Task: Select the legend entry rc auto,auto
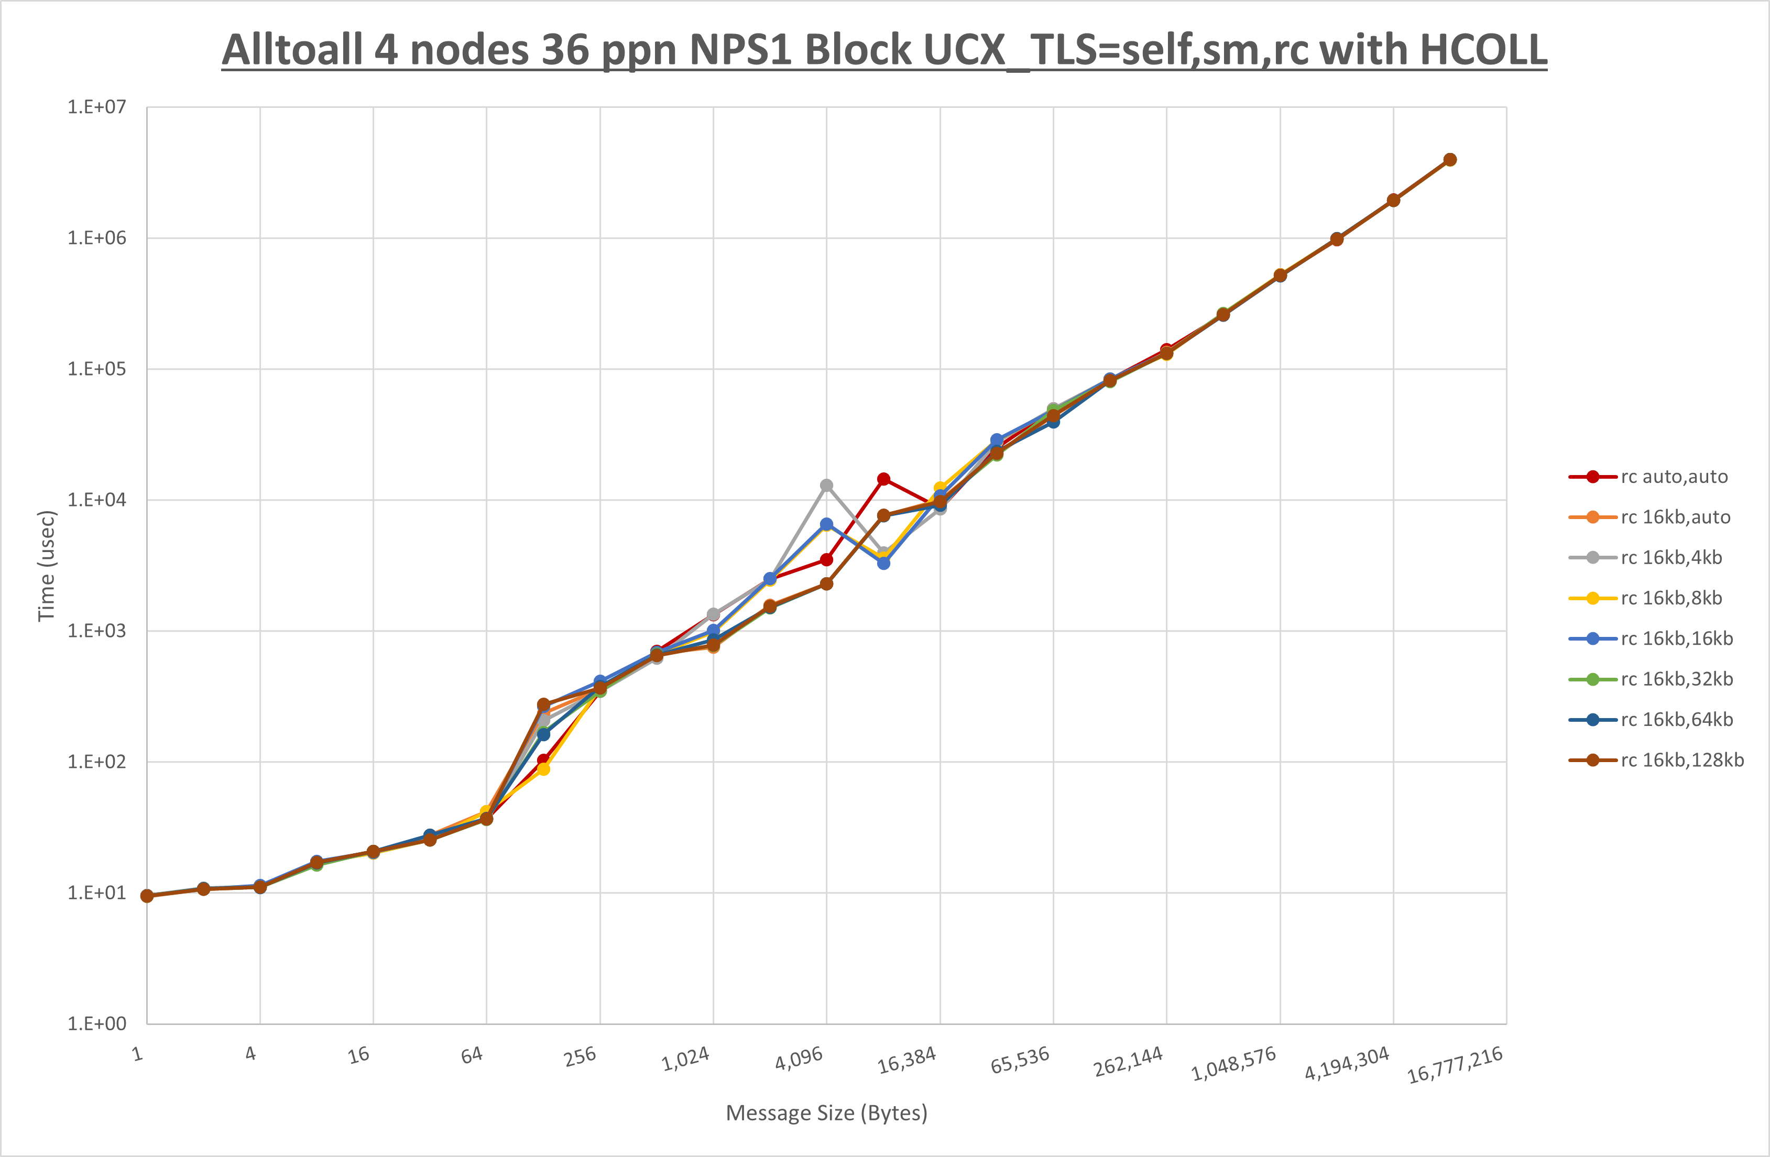point(1673,477)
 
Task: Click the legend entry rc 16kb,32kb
point(1676,679)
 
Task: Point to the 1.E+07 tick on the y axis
point(97,107)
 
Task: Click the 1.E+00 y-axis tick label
point(97,1024)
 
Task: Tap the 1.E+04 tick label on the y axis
point(97,500)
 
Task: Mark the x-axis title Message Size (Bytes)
point(826,1113)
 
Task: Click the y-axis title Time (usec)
point(46,565)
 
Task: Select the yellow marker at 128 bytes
point(544,769)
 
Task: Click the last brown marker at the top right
point(1449,160)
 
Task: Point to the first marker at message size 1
point(147,896)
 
